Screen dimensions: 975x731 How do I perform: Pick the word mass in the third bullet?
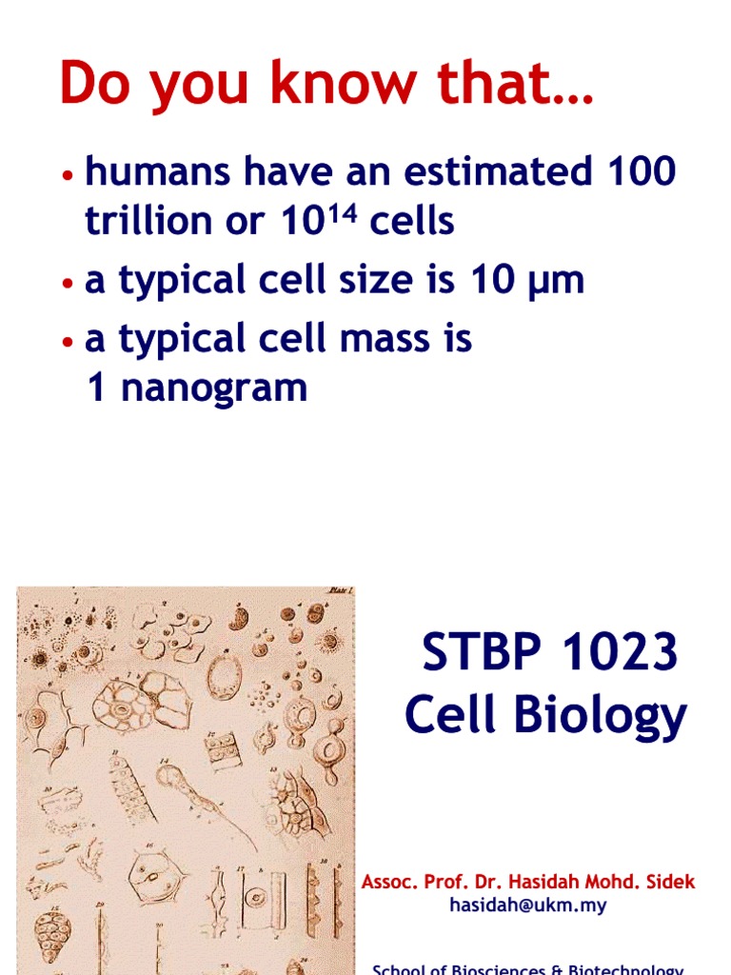(x=386, y=340)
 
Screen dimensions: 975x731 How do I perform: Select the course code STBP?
(x=471, y=654)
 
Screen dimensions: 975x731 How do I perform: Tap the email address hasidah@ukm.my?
(x=528, y=906)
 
